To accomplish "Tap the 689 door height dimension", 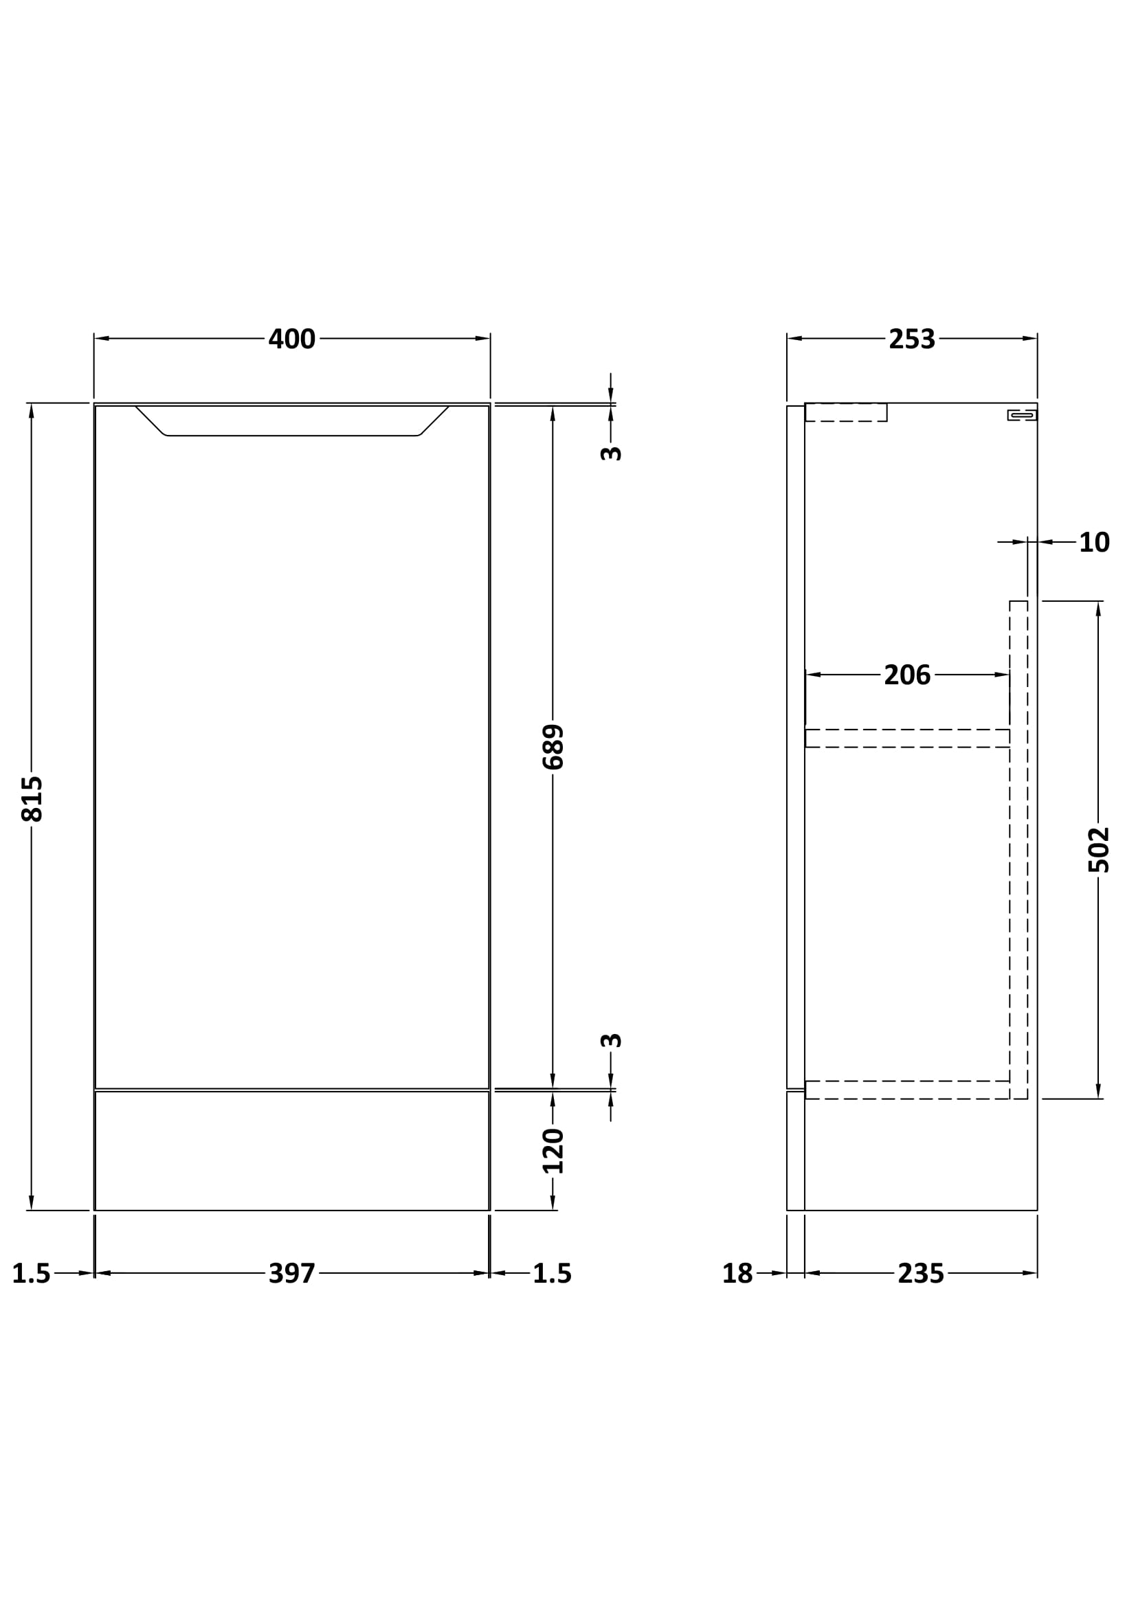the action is click(553, 748).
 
